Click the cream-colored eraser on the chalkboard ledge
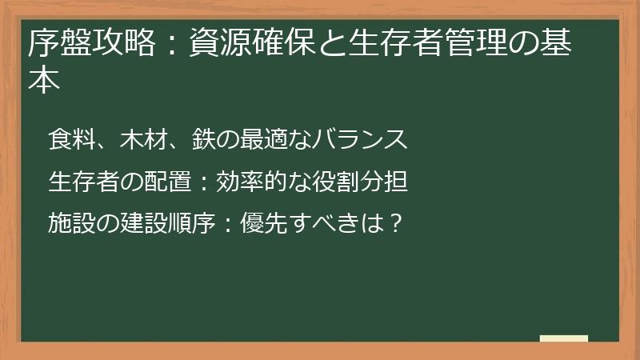pos(563,338)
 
